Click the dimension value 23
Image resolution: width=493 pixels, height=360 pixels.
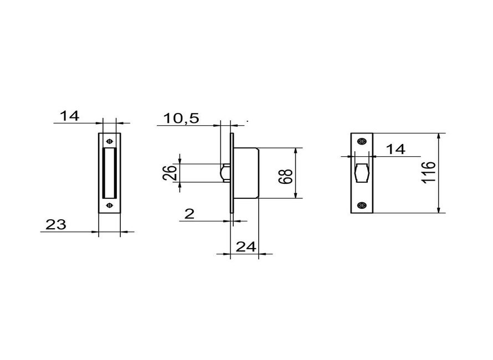56,224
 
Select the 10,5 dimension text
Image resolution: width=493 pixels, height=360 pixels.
181,118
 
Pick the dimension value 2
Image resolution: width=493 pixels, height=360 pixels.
189,213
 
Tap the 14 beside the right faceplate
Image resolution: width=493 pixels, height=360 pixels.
396,149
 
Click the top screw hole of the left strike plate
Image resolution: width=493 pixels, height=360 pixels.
109,140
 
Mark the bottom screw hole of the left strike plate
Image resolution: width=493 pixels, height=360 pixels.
109,206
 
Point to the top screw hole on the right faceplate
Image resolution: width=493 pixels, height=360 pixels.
362,141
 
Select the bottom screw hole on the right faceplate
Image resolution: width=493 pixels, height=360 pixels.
362,205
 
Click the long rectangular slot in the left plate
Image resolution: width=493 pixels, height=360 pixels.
109,172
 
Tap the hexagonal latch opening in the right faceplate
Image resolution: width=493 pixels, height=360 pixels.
362,173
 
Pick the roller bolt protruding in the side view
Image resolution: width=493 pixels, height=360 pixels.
225,173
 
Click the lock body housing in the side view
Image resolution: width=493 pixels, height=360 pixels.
247,173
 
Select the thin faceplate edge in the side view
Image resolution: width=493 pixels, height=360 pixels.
233,173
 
